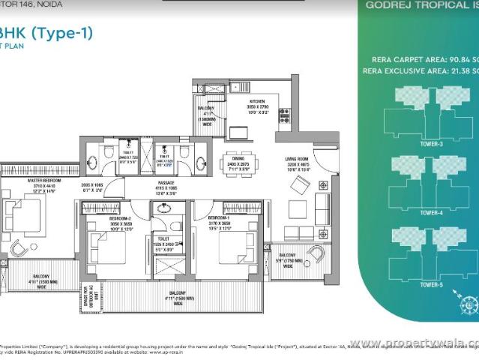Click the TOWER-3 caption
point(430,143)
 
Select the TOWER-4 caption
point(430,213)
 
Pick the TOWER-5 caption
point(430,284)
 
